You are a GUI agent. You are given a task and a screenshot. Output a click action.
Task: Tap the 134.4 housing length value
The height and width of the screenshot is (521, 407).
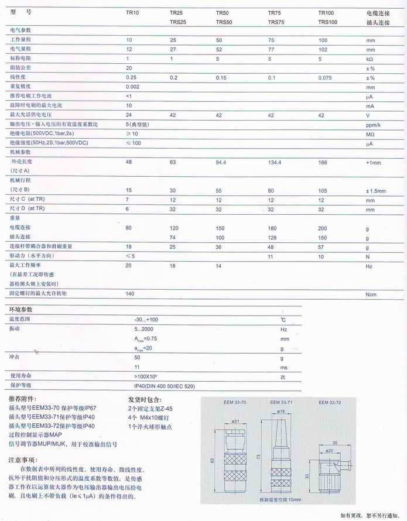tap(276, 162)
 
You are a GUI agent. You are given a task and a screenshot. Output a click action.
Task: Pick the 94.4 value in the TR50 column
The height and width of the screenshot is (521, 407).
tap(221, 162)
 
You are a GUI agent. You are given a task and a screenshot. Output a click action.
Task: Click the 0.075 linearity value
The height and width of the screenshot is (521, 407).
tap(326, 77)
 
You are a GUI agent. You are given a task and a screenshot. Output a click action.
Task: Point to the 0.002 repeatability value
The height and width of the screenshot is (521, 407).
tap(133, 87)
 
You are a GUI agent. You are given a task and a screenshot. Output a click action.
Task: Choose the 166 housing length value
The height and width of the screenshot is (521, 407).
tap(323, 162)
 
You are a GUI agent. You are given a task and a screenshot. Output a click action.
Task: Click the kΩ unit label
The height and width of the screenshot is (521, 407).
tap(370, 59)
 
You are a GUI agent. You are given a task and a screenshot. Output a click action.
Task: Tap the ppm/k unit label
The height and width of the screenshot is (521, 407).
tap(374, 125)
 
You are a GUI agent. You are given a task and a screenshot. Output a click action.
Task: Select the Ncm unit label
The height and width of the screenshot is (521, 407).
tap(371, 294)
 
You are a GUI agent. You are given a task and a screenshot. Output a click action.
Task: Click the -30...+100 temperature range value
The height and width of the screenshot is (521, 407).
tap(146, 320)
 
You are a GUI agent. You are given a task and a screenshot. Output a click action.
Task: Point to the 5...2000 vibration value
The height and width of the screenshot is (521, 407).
tap(144, 330)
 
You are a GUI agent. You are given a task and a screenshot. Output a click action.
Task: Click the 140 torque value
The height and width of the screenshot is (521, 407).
tap(131, 294)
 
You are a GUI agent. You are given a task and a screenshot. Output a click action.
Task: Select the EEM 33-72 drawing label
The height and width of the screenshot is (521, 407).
tap(330, 403)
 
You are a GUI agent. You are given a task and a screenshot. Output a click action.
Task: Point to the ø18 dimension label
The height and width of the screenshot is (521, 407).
tap(281, 412)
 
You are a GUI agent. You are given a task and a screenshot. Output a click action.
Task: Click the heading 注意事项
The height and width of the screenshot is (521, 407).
tap(23, 460)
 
